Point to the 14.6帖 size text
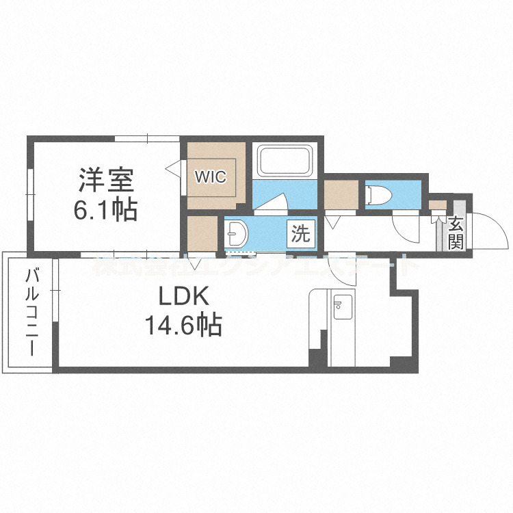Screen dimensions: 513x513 pos(183,324)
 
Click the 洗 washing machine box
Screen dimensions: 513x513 pos(301,234)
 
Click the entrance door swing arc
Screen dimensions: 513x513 pos(491,230)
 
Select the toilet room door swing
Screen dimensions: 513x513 pos(404,228)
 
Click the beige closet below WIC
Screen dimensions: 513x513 pos(202,233)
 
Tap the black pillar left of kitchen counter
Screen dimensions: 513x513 pos(315,357)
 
